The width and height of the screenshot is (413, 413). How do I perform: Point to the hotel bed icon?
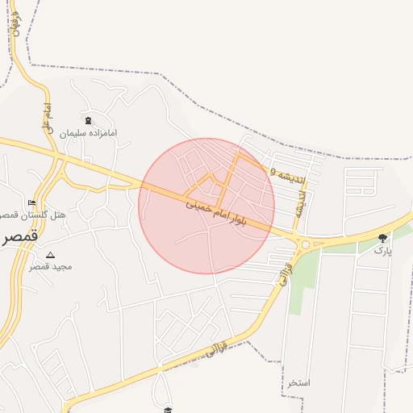(x=31, y=202)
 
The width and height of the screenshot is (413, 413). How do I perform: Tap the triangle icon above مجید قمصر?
(x=50, y=255)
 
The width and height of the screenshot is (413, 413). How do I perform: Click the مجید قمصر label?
(x=51, y=266)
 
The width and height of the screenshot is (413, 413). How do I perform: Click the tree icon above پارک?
(x=382, y=238)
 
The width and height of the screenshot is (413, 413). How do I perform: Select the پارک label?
(x=382, y=251)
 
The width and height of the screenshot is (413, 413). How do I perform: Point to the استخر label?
(x=298, y=382)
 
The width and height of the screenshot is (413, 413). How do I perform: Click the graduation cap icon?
(x=167, y=411)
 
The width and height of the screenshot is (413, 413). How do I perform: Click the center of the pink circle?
(x=206, y=206)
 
